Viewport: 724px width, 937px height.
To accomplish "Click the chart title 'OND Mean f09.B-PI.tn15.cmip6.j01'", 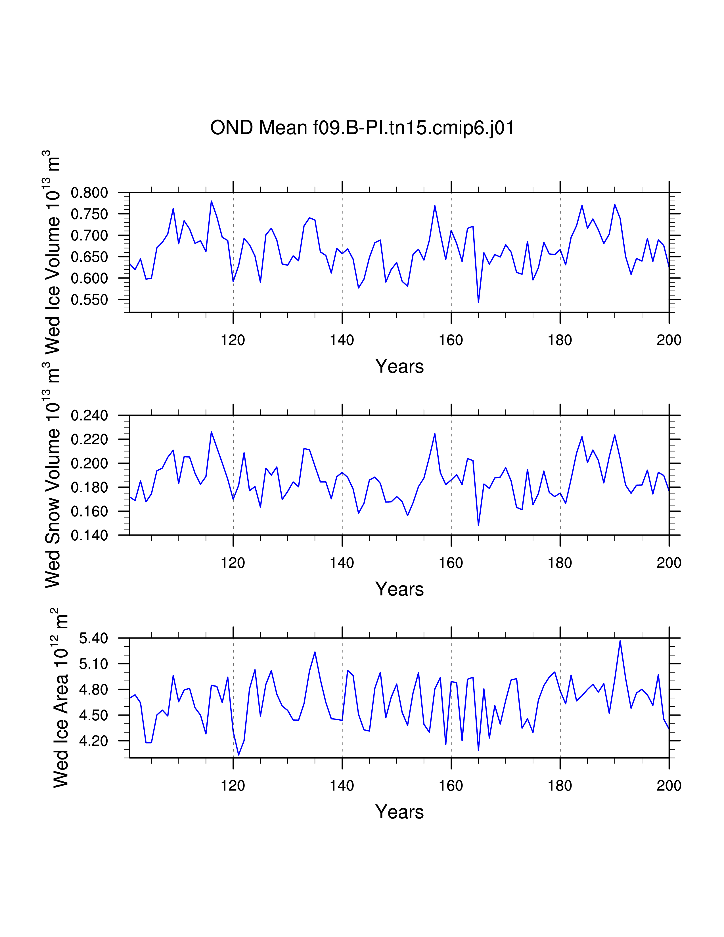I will (x=362, y=128).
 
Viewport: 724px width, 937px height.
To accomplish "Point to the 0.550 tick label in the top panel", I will (x=89, y=300).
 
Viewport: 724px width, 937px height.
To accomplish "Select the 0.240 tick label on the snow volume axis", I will (x=89, y=415).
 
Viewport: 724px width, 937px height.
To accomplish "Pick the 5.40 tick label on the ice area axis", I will (x=93, y=638).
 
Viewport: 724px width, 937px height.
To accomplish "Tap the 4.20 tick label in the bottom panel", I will (x=93, y=741).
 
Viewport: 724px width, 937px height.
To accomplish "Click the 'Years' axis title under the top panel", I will (x=399, y=366).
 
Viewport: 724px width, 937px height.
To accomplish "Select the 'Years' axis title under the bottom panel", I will (x=399, y=812).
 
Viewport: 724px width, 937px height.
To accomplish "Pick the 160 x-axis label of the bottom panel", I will (x=451, y=786).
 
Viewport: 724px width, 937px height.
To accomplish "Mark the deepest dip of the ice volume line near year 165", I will (x=478, y=302).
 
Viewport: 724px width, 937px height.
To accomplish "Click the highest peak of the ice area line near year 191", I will (x=620, y=641).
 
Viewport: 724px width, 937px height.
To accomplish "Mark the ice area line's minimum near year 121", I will (x=238, y=755).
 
